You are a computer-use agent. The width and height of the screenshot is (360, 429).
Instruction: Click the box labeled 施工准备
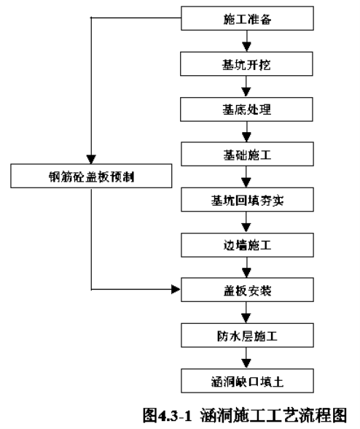247,18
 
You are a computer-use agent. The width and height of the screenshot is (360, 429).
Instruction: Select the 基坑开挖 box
246,64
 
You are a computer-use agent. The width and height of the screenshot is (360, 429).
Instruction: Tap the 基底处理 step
246,109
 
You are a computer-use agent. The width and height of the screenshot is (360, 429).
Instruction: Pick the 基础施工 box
247,154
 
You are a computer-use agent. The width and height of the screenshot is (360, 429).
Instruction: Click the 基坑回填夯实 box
247,200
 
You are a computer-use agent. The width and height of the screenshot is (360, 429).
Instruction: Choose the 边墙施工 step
247,245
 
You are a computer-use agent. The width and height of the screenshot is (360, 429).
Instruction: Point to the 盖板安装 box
247,290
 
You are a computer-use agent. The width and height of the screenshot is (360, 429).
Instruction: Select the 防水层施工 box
247,336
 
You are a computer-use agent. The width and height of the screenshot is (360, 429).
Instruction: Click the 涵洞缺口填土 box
247,381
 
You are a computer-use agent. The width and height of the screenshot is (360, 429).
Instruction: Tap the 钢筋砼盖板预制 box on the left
91,176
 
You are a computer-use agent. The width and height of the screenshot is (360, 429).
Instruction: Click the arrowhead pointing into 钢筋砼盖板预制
91,159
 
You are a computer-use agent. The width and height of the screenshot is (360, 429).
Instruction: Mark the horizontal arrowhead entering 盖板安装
176,289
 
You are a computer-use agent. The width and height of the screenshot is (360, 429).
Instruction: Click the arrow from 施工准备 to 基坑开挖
247,41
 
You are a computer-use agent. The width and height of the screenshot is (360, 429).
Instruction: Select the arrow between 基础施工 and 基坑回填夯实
246,177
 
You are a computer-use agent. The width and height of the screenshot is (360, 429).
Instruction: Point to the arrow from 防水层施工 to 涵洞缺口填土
246,358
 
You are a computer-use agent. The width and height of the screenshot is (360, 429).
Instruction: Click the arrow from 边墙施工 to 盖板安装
246,268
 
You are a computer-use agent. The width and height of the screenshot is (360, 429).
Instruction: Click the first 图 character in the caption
150,415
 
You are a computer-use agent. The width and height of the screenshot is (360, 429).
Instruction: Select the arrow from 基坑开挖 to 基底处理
246,87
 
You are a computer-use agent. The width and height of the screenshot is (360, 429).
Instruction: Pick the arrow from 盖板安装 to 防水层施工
246,312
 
